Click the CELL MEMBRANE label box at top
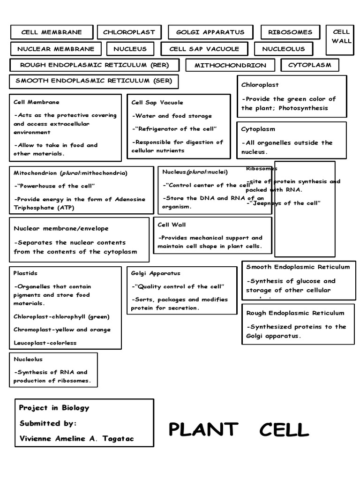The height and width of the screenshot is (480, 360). pos(52,32)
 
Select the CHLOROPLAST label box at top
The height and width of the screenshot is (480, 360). pos(129,32)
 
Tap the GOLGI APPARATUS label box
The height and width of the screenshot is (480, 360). pos(210,32)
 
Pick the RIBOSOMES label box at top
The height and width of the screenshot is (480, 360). pos(290,32)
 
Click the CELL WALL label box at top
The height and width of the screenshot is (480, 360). pos(341,36)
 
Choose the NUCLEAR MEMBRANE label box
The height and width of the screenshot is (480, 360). pos(56,49)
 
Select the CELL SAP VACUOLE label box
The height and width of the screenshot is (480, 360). pos(204,49)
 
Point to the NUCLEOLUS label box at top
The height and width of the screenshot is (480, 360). pos(283,49)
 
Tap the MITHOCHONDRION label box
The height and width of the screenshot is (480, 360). pos(230,65)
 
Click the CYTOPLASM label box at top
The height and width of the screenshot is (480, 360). pos(309,65)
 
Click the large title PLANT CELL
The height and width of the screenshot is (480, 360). pos(239,429)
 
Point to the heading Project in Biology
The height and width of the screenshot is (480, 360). pos(54,408)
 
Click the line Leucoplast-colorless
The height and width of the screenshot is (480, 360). pos(45,343)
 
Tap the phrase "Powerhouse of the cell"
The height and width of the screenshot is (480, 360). pos(54,186)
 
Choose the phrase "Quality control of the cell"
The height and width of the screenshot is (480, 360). pos(178,286)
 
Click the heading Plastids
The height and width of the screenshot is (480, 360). pos(26,273)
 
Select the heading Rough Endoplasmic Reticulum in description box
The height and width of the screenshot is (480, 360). pos(295,313)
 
